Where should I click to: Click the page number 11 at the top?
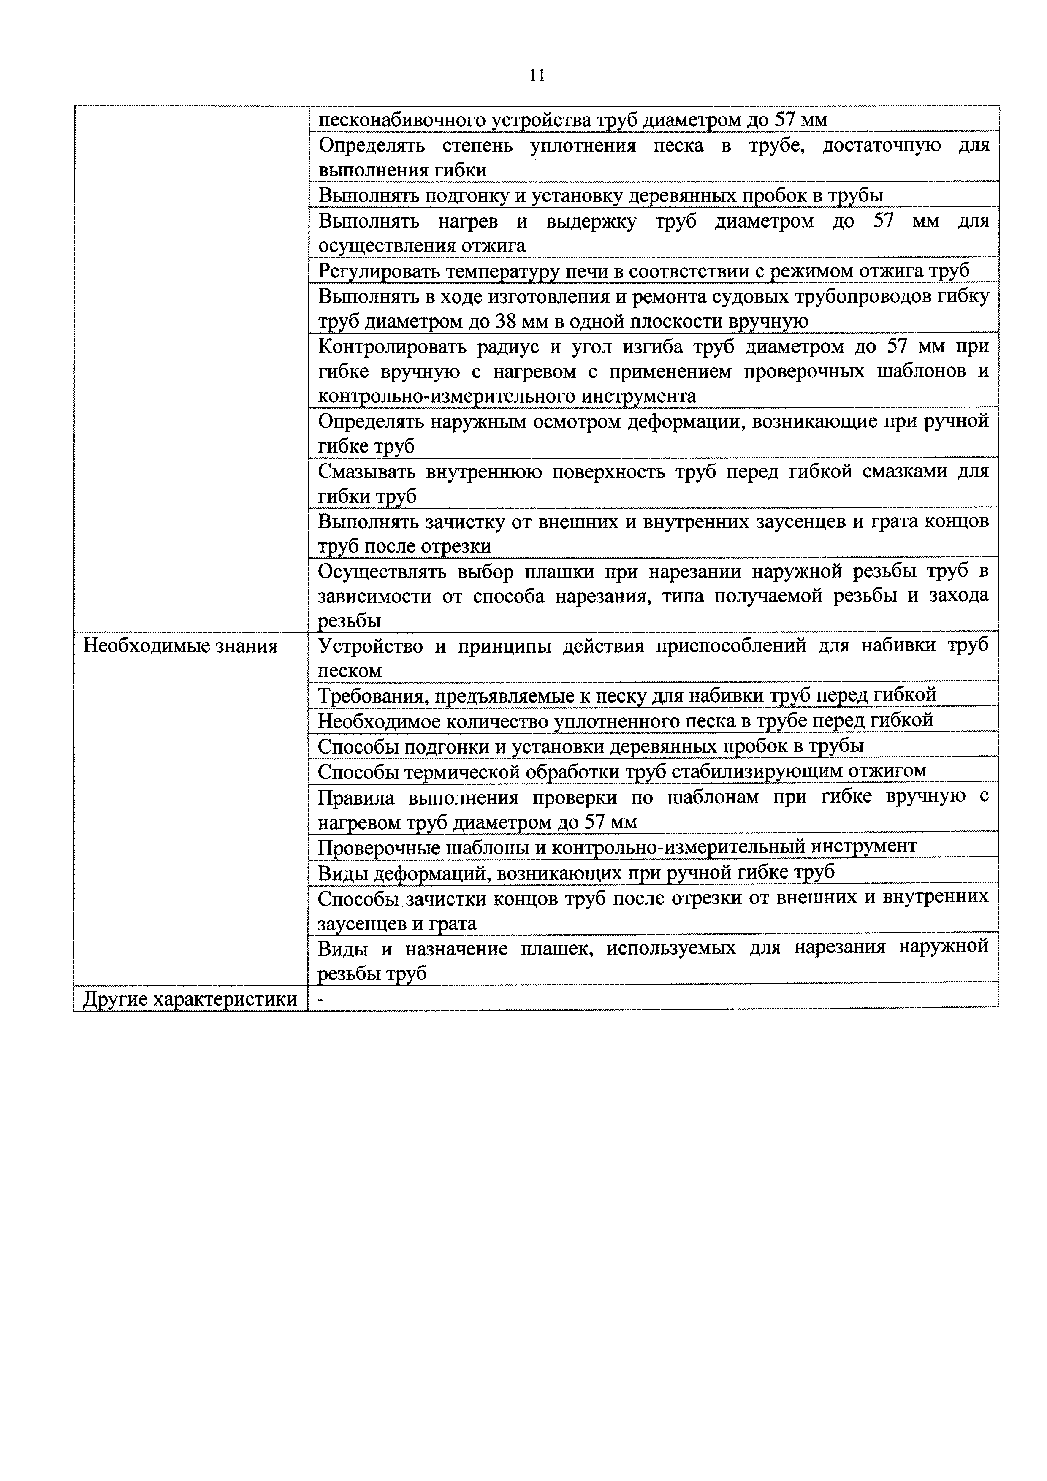pyautogui.click(x=536, y=76)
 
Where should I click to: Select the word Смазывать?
pyautogui.click(x=366, y=472)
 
